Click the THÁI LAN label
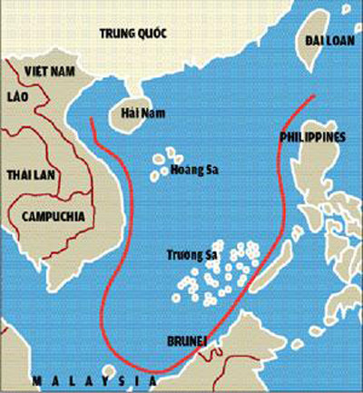[x=30, y=173]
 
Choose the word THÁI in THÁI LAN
[x=19, y=173]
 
